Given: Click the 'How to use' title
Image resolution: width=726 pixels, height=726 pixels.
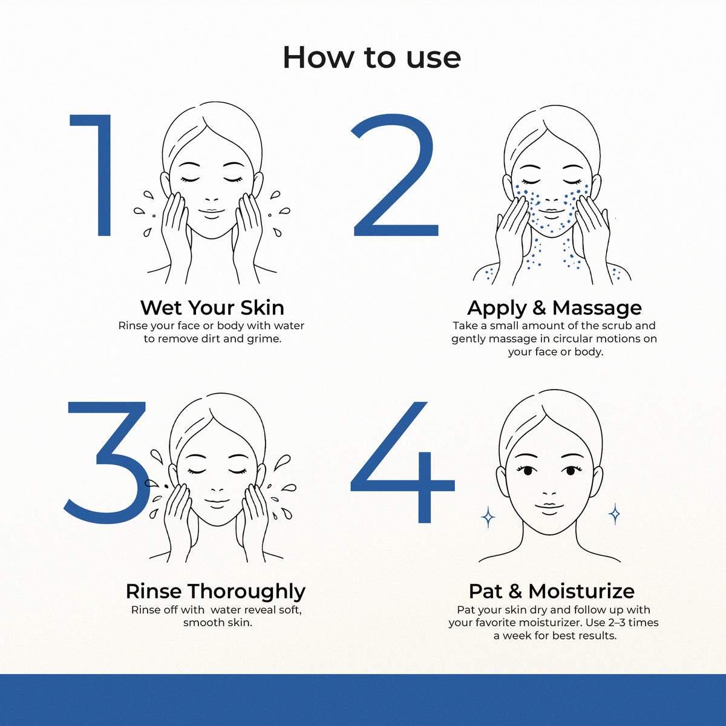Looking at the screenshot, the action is [x=371, y=57].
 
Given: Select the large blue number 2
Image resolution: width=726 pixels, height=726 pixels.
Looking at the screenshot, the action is [x=394, y=175].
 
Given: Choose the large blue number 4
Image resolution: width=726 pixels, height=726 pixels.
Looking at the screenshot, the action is [x=402, y=462].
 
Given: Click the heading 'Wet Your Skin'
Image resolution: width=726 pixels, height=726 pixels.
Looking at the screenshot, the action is [x=212, y=308].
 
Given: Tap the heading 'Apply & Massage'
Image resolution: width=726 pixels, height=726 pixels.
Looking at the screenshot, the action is [x=554, y=308].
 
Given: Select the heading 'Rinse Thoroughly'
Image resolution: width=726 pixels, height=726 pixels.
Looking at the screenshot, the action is [x=215, y=592].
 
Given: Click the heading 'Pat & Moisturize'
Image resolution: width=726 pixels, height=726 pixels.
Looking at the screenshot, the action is [x=552, y=591].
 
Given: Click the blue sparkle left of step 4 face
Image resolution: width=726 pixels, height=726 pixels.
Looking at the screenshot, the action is [x=488, y=517].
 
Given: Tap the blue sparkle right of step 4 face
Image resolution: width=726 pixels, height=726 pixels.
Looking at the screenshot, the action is [x=615, y=514].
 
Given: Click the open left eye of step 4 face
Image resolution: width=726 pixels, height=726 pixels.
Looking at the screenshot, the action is [x=527, y=471].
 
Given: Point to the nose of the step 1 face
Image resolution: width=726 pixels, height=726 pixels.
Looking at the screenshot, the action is [x=212, y=200].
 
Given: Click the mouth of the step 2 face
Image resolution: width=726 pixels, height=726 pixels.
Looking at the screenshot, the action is [x=551, y=213].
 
